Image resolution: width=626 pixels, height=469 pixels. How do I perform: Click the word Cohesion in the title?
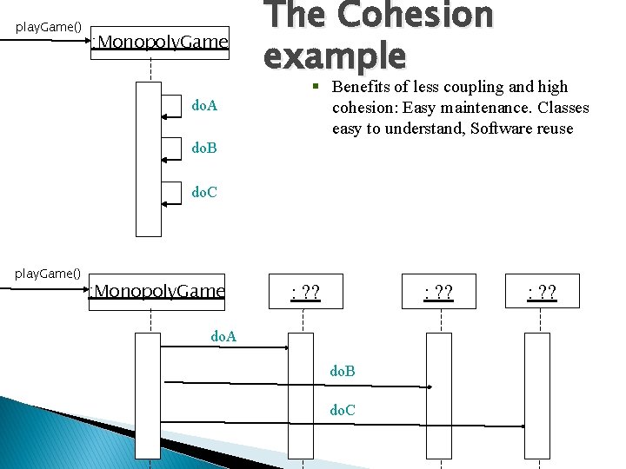(415, 16)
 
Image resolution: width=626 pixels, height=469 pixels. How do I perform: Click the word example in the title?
(335, 56)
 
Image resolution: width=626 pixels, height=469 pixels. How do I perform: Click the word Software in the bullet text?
(503, 129)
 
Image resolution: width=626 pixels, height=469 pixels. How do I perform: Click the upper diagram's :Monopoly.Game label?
(162, 42)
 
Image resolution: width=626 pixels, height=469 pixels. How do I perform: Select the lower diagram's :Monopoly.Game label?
(158, 291)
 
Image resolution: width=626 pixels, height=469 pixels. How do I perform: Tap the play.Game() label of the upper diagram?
(50, 27)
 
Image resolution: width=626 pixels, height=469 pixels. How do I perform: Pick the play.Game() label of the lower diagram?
(48, 274)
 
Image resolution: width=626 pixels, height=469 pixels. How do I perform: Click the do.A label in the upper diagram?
(204, 106)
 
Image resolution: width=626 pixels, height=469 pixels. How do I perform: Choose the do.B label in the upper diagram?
(204, 149)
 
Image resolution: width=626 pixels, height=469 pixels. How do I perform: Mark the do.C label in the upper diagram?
(204, 191)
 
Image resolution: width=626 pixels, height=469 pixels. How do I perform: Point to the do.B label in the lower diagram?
(343, 372)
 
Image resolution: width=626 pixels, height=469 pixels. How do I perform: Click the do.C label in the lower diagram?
(343, 409)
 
